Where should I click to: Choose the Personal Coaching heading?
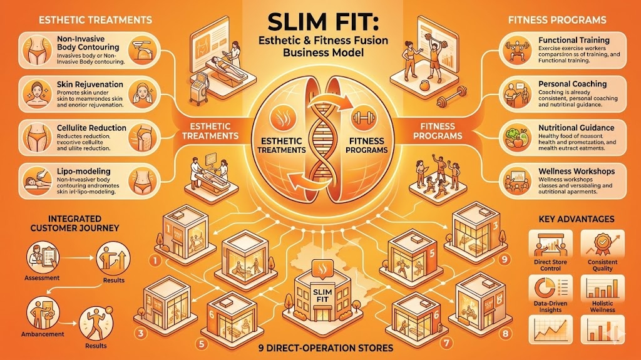(572, 83)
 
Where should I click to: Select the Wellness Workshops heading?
(575, 171)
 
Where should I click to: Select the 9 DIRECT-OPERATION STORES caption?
(320, 347)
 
